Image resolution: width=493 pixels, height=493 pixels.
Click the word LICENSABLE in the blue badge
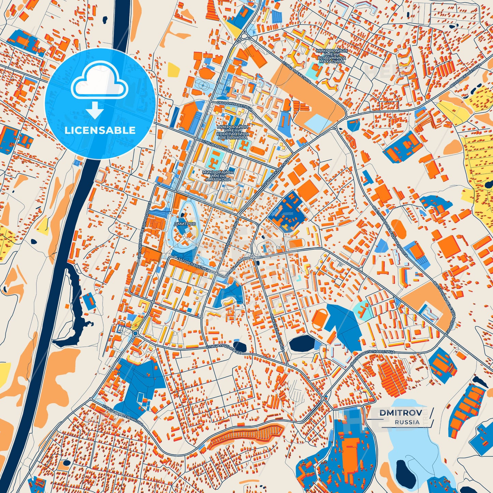click(x=100, y=130)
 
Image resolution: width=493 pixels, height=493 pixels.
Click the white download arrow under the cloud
click(x=95, y=110)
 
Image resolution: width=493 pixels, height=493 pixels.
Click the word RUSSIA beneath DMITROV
click(x=407, y=422)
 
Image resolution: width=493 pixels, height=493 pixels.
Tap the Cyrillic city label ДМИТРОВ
click(x=185, y=224)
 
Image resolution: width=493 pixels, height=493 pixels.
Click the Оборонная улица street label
click(x=234, y=104)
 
